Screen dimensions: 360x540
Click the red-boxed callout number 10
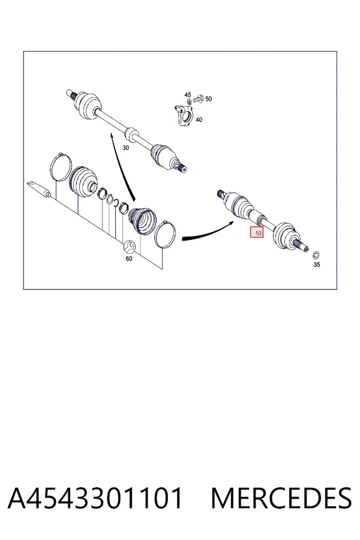coord(259,233)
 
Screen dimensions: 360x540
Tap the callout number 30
coord(126,148)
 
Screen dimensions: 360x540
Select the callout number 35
coord(317,265)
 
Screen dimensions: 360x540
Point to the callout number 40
coord(199,119)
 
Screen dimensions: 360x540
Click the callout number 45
coord(187,95)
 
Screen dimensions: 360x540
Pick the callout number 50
coord(208,99)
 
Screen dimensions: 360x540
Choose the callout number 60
coord(129,258)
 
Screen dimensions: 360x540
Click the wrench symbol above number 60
coord(130,246)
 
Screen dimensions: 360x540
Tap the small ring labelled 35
coord(316,255)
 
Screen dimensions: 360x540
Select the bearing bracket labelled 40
coord(184,116)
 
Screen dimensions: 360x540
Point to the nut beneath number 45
coord(189,102)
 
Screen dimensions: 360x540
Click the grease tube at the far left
coord(39,189)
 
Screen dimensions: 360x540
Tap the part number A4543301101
coord(95,498)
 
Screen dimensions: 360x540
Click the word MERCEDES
coord(281,498)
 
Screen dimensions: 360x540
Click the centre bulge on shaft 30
coord(131,134)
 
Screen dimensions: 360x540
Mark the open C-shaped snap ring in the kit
coord(110,200)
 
